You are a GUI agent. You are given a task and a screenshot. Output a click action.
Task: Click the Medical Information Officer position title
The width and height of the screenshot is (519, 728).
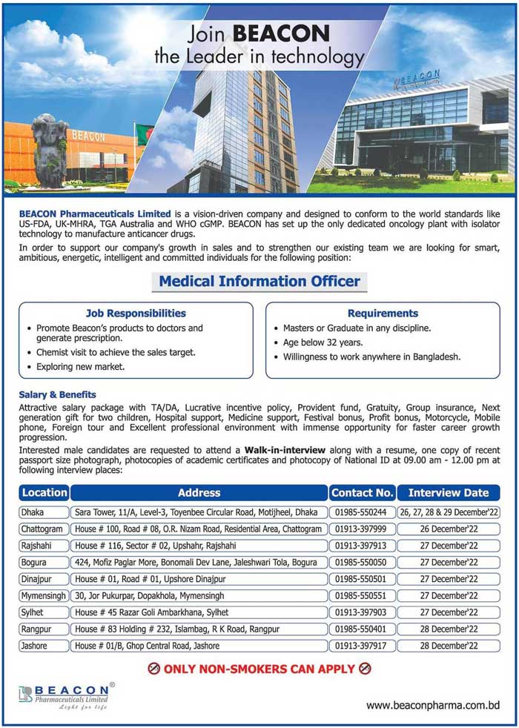coord(259,281)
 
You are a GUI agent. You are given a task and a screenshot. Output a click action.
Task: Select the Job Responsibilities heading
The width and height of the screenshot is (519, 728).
coord(136,313)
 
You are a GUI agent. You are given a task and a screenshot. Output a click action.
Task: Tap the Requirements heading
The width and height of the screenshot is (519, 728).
coord(383,313)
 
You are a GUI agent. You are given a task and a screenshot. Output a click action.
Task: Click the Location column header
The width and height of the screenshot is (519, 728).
coord(44,492)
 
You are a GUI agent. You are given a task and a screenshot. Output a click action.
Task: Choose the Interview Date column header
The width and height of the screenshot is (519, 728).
coord(449,492)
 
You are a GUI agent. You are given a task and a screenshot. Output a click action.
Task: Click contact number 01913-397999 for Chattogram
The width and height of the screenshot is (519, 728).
coord(360,529)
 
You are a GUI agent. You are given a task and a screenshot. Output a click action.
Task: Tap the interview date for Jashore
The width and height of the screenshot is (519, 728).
coord(449,646)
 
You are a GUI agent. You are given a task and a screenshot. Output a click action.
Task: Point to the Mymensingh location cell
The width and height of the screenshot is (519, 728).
coord(44,595)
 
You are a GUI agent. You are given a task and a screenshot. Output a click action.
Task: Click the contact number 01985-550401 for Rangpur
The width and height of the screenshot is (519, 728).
coord(360,629)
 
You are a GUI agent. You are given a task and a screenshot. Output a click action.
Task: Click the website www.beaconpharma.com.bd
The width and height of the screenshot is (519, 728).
coord(433,704)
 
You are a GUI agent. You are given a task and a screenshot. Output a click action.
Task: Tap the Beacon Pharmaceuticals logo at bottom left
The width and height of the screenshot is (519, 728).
coord(65,695)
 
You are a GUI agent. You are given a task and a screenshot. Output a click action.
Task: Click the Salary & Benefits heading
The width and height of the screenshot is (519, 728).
coord(57,394)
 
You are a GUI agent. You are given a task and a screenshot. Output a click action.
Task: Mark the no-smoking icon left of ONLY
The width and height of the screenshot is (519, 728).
coord(154,669)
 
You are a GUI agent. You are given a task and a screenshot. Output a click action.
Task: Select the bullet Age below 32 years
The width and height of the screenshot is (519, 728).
coord(323,343)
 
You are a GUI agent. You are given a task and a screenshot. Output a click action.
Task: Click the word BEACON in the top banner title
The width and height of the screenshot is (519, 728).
coord(282,34)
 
